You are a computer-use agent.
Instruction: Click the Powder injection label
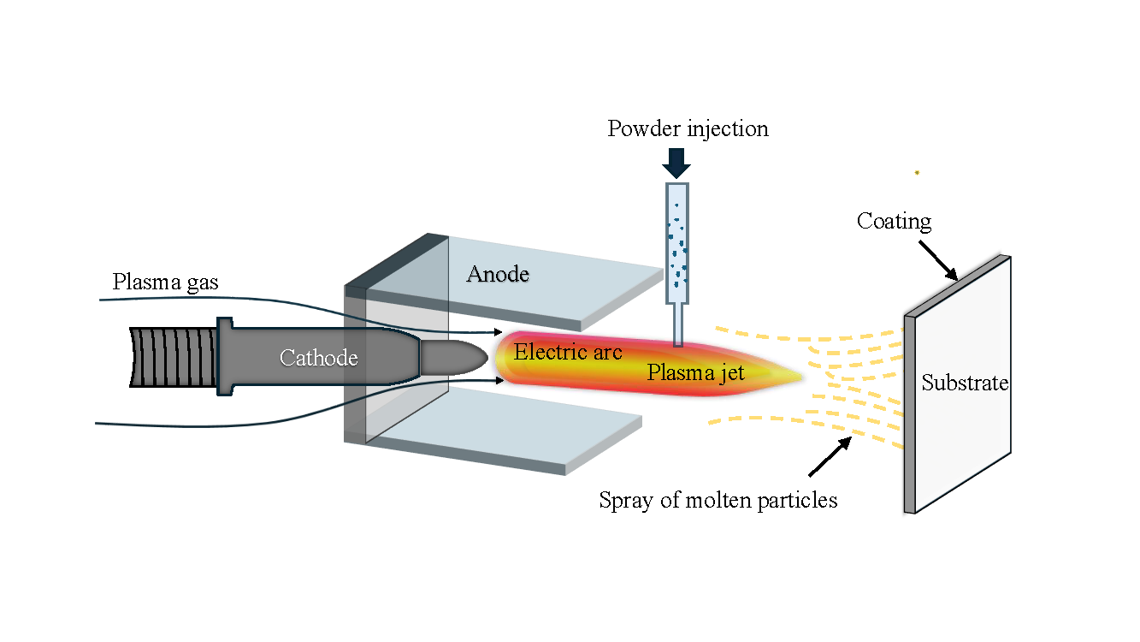point(688,129)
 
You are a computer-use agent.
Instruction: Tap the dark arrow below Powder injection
point(676,163)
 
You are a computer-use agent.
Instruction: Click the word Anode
point(498,274)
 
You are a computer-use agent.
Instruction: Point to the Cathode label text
point(318,358)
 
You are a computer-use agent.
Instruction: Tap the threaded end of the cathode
point(171,357)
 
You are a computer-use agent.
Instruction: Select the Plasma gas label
point(165,282)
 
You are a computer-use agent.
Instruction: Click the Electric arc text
point(568,352)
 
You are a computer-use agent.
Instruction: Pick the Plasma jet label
point(695,373)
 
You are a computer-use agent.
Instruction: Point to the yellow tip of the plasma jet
point(783,375)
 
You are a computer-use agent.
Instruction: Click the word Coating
point(894,222)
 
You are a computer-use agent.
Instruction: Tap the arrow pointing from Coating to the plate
point(940,259)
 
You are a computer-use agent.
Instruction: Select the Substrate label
point(965,383)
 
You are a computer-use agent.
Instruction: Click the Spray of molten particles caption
point(718,500)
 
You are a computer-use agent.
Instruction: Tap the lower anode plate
point(513,437)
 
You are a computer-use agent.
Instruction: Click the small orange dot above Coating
point(917,173)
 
